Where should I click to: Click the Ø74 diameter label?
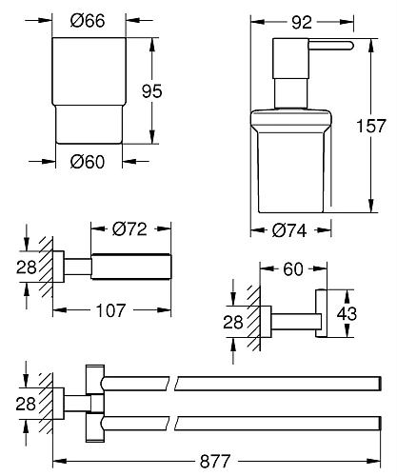tap(291, 228)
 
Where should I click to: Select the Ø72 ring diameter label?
tap(129, 228)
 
